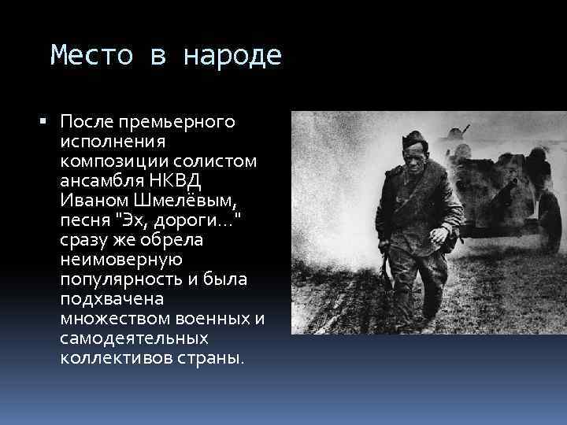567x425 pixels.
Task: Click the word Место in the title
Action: coord(84,56)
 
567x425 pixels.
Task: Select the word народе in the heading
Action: coord(232,56)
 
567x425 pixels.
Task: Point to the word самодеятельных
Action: coord(134,337)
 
